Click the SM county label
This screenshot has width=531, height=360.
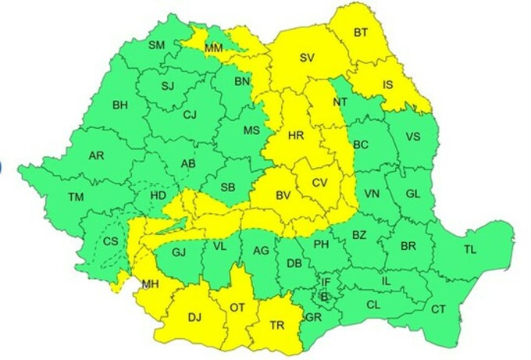click(x=156, y=45)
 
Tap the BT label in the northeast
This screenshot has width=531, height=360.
click(x=361, y=33)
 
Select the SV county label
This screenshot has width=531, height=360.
click(x=307, y=57)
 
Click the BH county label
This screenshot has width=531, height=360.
click(x=120, y=105)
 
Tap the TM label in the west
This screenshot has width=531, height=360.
click(x=76, y=198)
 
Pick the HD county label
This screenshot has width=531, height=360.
click(x=158, y=195)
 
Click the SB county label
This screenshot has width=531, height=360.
click(x=228, y=187)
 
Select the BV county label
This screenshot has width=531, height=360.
click(x=283, y=196)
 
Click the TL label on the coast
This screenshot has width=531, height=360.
click(x=469, y=250)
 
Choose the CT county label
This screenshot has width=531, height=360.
click(x=439, y=310)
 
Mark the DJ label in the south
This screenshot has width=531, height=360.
click(x=195, y=317)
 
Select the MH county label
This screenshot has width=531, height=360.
click(x=150, y=285)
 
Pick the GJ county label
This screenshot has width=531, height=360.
click(x=178, y=251)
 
